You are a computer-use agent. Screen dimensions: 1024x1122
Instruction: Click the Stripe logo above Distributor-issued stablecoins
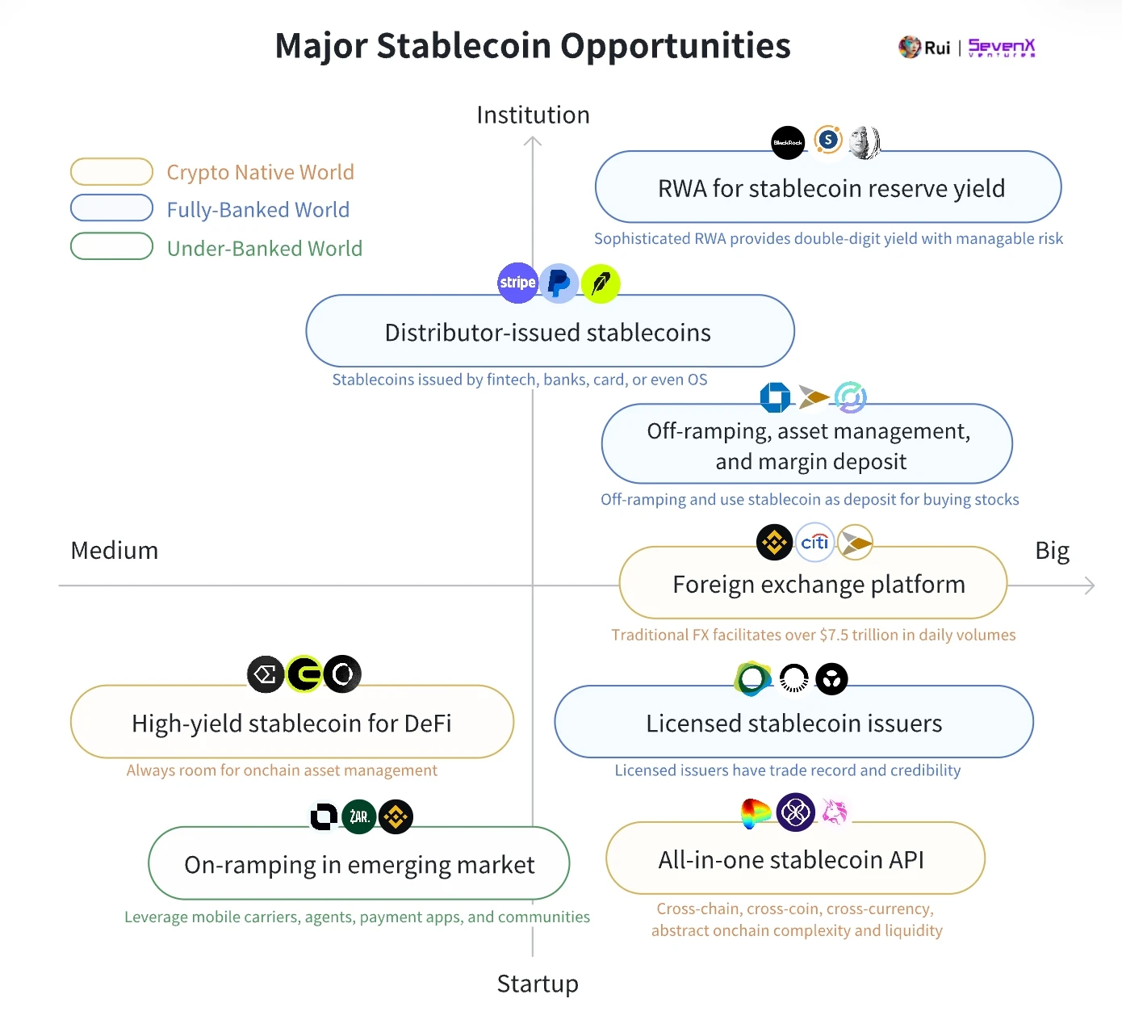[x=517, y=283]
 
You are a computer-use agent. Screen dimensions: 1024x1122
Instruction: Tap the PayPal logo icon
[x=559, y=283]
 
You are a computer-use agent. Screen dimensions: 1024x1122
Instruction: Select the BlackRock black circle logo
[x=788, y=143]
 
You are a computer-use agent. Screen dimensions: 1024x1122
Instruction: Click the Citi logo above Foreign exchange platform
[x=814, y=542]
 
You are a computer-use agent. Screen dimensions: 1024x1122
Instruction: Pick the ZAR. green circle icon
[x=359, y=816]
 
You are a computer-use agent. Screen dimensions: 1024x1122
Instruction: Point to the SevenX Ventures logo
[x=1001, y=48]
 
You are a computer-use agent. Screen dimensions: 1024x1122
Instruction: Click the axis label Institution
[x=533, y=115]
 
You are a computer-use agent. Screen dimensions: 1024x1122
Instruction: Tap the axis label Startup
[x=538, y=984]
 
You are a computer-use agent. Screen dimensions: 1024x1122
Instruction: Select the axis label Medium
[x=115, y=550]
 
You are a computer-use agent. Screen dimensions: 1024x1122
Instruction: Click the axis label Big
[x=1052, y=550]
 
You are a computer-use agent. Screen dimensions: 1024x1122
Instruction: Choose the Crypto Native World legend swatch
[x=111, y=172]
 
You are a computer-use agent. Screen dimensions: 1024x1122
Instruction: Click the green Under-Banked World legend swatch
[x=111, y=246]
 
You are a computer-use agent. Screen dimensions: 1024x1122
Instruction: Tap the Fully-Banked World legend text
[x=258, y=210]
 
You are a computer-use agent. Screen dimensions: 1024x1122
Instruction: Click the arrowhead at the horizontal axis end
[x=1091, y=585]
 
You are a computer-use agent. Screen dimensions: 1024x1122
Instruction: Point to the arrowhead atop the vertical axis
[x=533, y=141]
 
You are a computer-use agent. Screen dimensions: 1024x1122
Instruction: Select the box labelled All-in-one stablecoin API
[x=795, y=858]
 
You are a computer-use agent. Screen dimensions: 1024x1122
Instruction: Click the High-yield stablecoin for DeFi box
[x=291, y=722]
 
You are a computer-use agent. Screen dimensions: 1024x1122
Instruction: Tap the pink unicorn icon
[x=835, y=812]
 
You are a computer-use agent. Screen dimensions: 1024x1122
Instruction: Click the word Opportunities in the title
[x=676, y=46]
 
